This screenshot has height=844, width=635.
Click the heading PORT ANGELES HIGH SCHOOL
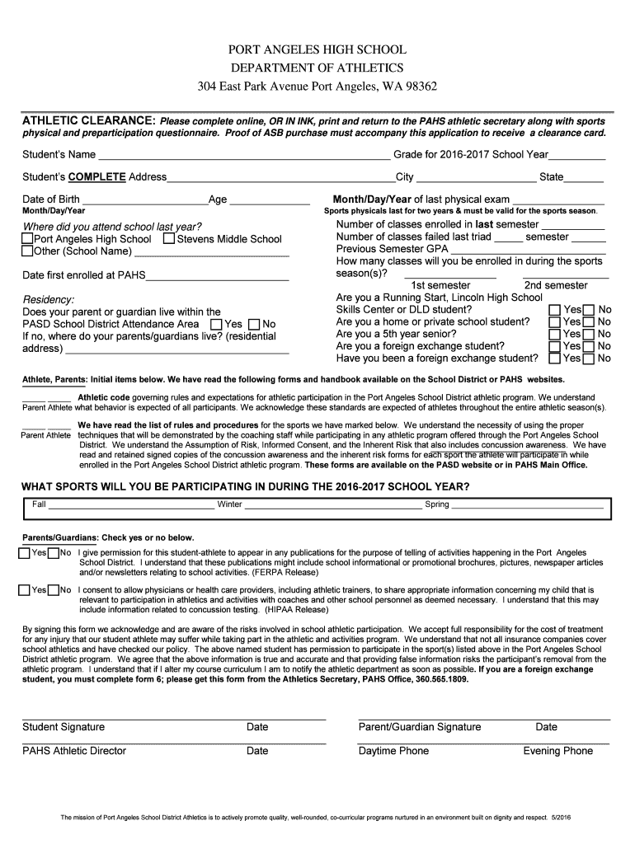point(317,50)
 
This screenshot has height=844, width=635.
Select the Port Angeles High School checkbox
point(26,239)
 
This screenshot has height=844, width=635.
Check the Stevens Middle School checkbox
point(169,239)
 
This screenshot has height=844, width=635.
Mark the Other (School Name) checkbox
point(26,251)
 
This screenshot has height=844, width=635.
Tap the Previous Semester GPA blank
point(528,249)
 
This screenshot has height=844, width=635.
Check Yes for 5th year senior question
point(554,334)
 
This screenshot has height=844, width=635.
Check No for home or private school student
point(589,321)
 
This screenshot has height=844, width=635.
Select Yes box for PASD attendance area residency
point(216,324)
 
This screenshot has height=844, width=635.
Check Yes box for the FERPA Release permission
point(25,553)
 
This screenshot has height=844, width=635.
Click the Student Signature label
point(63,727)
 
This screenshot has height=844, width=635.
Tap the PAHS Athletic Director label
point(74,751)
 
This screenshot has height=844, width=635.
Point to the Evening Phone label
point(557,751)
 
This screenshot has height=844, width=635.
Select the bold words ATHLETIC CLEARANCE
point(88,120)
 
